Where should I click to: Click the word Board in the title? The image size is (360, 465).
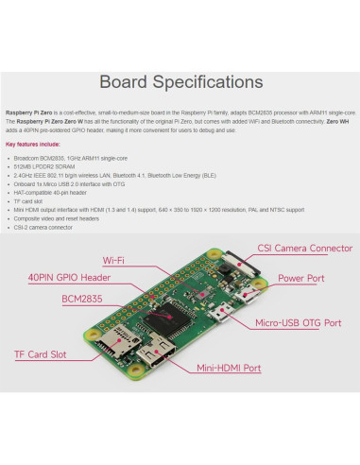(129, 82)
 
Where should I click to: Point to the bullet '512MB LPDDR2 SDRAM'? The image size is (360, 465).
(47, 166)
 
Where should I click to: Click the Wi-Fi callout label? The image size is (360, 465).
(115, 259)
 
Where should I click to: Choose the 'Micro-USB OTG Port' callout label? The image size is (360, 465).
(298, 322)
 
